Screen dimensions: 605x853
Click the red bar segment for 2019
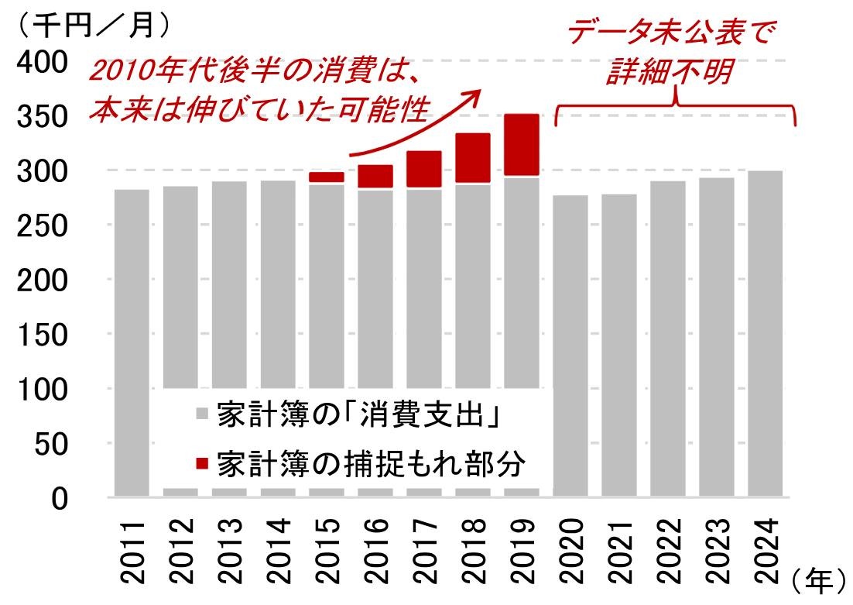point(521,145)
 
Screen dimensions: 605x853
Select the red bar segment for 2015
point(326,177)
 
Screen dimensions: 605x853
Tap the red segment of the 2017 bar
point(423,169)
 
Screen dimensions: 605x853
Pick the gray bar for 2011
point(131,341)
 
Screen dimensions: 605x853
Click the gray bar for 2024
point(765,333)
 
